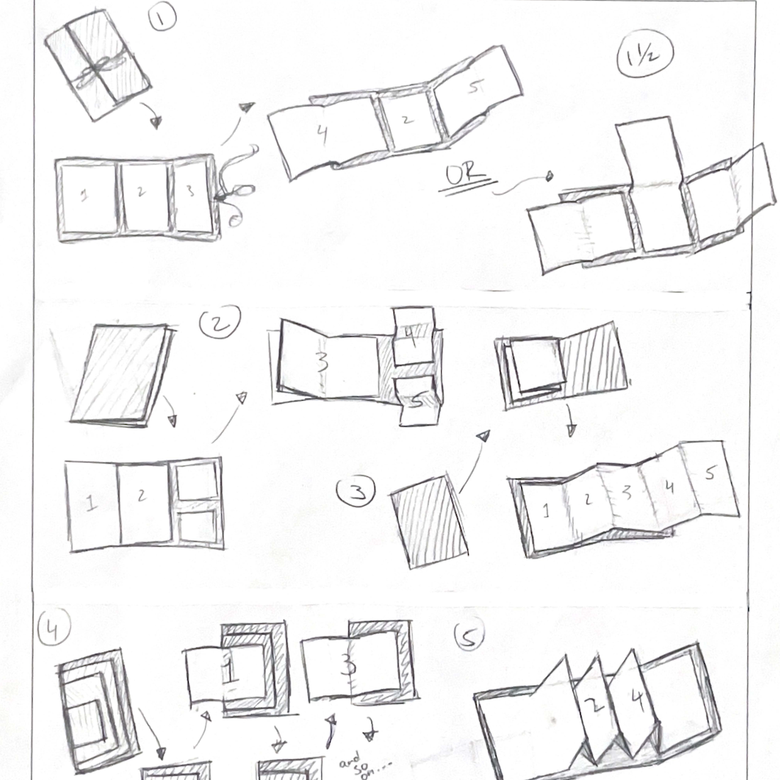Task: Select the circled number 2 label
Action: pyautogui.click(x=219, y=325)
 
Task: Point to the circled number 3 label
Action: pyautogui.click(x=357, y=492)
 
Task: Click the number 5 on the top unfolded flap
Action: pyautogui.click(x=477, y=88)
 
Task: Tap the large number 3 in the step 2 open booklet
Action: pyautogui.click(x=323, y=362)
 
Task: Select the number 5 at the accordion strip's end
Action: pyautogui.click(x=709, y=473)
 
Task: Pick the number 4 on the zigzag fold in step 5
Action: pyautogui.click(x=637, y=702)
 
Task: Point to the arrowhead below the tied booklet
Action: pyautogui.click(x=156, y=123)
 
